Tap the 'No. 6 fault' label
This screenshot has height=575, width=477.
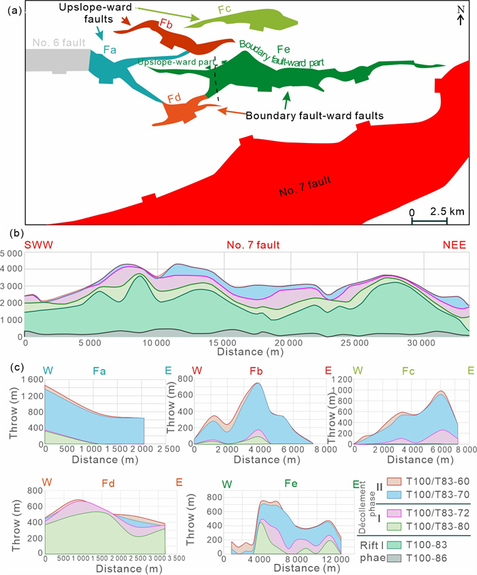58,43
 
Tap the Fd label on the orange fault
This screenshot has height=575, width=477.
174,97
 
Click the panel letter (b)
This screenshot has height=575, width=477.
20,232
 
